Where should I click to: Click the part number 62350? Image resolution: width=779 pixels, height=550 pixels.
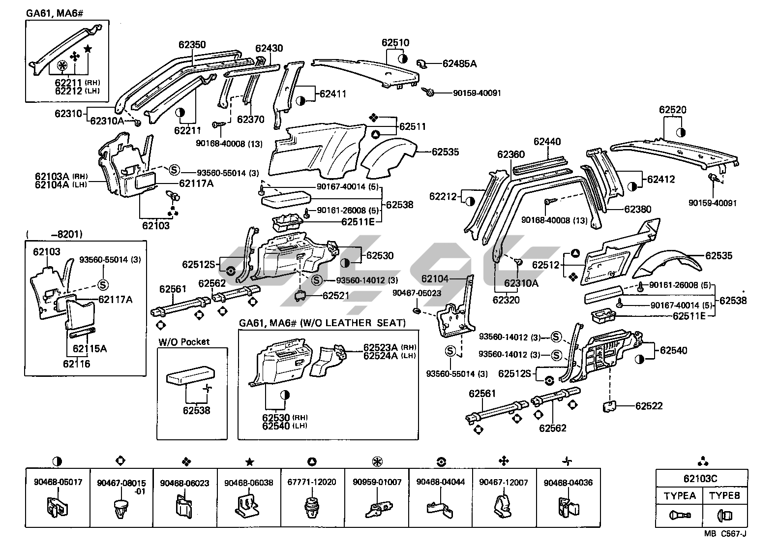[x=192, y=45]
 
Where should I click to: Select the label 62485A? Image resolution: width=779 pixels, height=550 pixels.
[x=459, y=63]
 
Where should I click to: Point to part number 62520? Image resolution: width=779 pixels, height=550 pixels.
[x=673, y=110]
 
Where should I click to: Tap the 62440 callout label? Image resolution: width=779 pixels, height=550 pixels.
[x=547, y=142]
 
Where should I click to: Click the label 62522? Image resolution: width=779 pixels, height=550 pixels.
[x=649, y=406]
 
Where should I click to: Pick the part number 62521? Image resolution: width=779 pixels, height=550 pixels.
[x=336, y=296]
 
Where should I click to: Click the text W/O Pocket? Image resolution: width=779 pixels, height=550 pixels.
[x=184, y=341]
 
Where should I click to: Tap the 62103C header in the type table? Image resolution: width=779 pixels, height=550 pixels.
[x=701, y=479]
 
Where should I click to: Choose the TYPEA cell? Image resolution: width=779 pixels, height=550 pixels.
[x=680, y=495]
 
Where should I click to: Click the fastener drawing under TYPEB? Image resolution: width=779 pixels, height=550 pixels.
[x=724, y=516]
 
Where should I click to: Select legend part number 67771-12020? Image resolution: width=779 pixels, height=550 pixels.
[x=312, y=482]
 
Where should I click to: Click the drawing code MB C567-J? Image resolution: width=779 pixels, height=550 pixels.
[x=725, y=534]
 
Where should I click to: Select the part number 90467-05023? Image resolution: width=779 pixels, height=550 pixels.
[x=417, y=293]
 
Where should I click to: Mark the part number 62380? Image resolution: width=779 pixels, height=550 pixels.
[x=638, y=209]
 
